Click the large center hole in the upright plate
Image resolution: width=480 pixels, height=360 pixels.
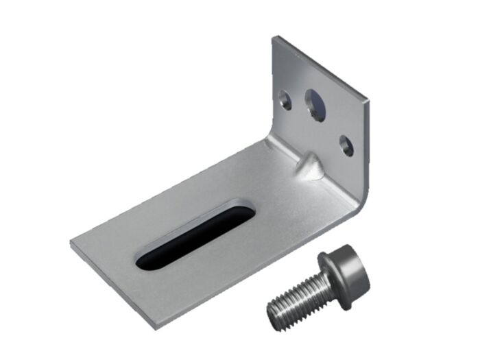click(x=315, y=104)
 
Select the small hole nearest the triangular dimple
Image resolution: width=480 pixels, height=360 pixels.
click(x=346, y=145)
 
